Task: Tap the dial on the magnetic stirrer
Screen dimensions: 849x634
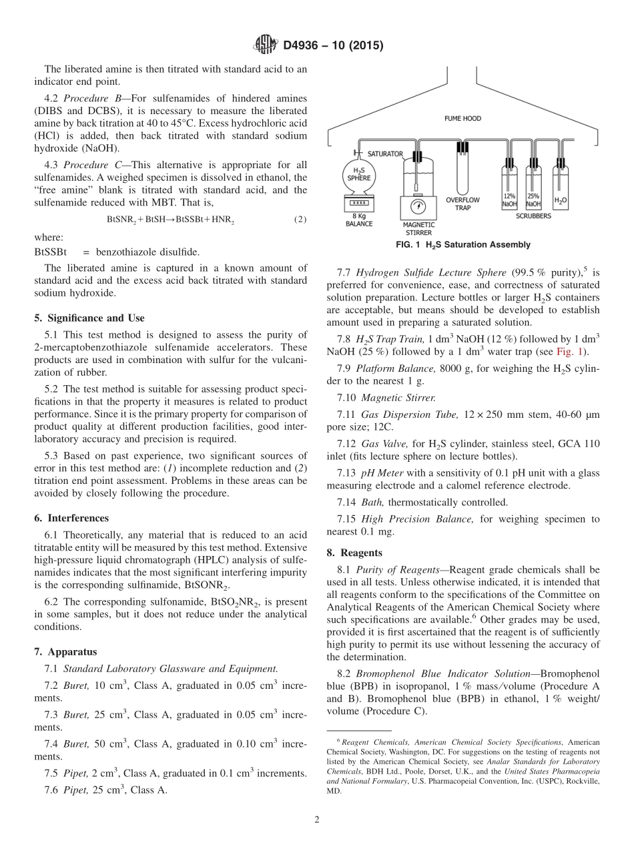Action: coord(418,205)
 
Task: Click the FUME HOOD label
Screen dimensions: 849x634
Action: coord(462,119)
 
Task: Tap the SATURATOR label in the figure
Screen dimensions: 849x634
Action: coord(385,154)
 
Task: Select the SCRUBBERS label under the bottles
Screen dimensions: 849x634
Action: coord(533,216)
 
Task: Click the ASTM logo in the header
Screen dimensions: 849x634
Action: coord(266,45)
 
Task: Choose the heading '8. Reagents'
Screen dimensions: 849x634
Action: coord(354,553)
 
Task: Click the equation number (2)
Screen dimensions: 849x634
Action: coord(300,219)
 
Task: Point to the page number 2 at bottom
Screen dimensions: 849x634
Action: coord(317,820)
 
